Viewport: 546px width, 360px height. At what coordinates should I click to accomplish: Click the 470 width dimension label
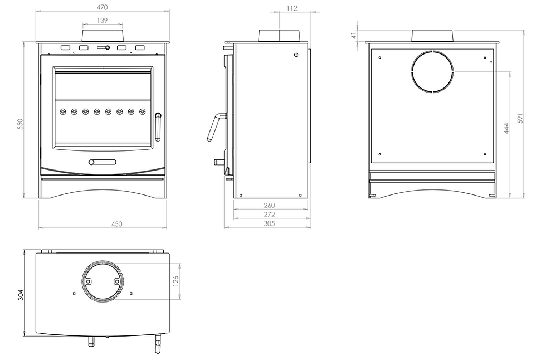[x=103, y=7]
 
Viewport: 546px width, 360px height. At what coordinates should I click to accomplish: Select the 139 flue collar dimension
[x=102, y=20]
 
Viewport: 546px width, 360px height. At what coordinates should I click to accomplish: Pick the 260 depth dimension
[x=270, y=205]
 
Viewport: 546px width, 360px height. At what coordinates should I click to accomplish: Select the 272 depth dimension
[x=270, y=214]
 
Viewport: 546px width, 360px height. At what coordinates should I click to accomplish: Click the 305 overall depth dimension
[x=270, y=223]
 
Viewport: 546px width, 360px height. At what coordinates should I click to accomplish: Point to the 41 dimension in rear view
[x=354, y=35]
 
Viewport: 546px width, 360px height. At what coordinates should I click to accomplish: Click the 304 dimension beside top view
[x=20, y=294]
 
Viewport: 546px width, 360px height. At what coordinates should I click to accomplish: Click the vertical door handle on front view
[x=158, y=127]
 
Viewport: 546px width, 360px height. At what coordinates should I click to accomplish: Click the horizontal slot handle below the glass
[x=103, y=162]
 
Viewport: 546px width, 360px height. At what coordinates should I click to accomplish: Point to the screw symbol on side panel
[x=296, y=55]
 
